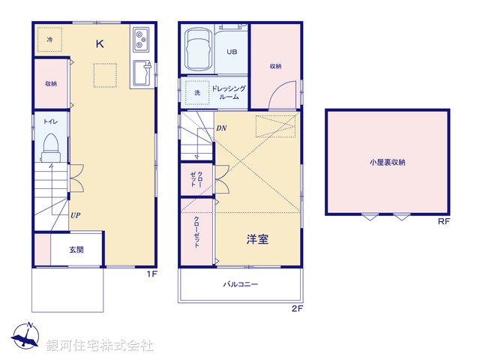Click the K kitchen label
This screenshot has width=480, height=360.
tap(100, 43)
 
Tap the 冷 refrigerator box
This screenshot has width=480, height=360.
tap(49, 39)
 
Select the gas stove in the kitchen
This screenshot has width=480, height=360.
tap(141, 39)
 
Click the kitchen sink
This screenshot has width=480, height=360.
tap(141, 73)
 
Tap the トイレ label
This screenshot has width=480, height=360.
tap(51, 121)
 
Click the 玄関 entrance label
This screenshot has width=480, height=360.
tap(77, 250)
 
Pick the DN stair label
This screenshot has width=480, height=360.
tap(221, 128)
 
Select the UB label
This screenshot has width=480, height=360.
tap(232, 52)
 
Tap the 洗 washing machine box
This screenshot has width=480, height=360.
tap(197, 91)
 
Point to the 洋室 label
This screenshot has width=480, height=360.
tap(258, 240)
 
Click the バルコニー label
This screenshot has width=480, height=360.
tap(241, 285)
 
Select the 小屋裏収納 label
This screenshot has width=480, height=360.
tap(391, 162)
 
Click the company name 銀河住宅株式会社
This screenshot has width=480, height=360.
tap(100, 346)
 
